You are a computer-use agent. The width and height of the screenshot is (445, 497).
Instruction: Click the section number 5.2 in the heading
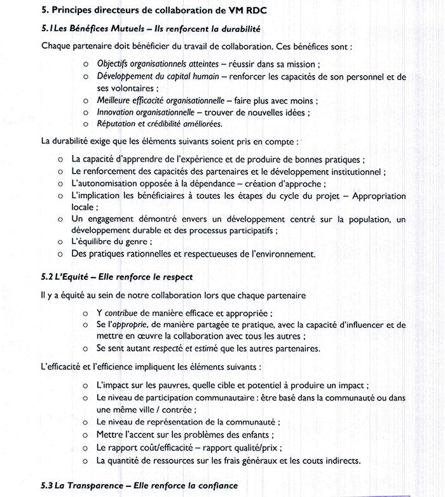coord(48,277)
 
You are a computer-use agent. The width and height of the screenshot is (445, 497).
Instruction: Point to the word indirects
coord(336,460)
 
